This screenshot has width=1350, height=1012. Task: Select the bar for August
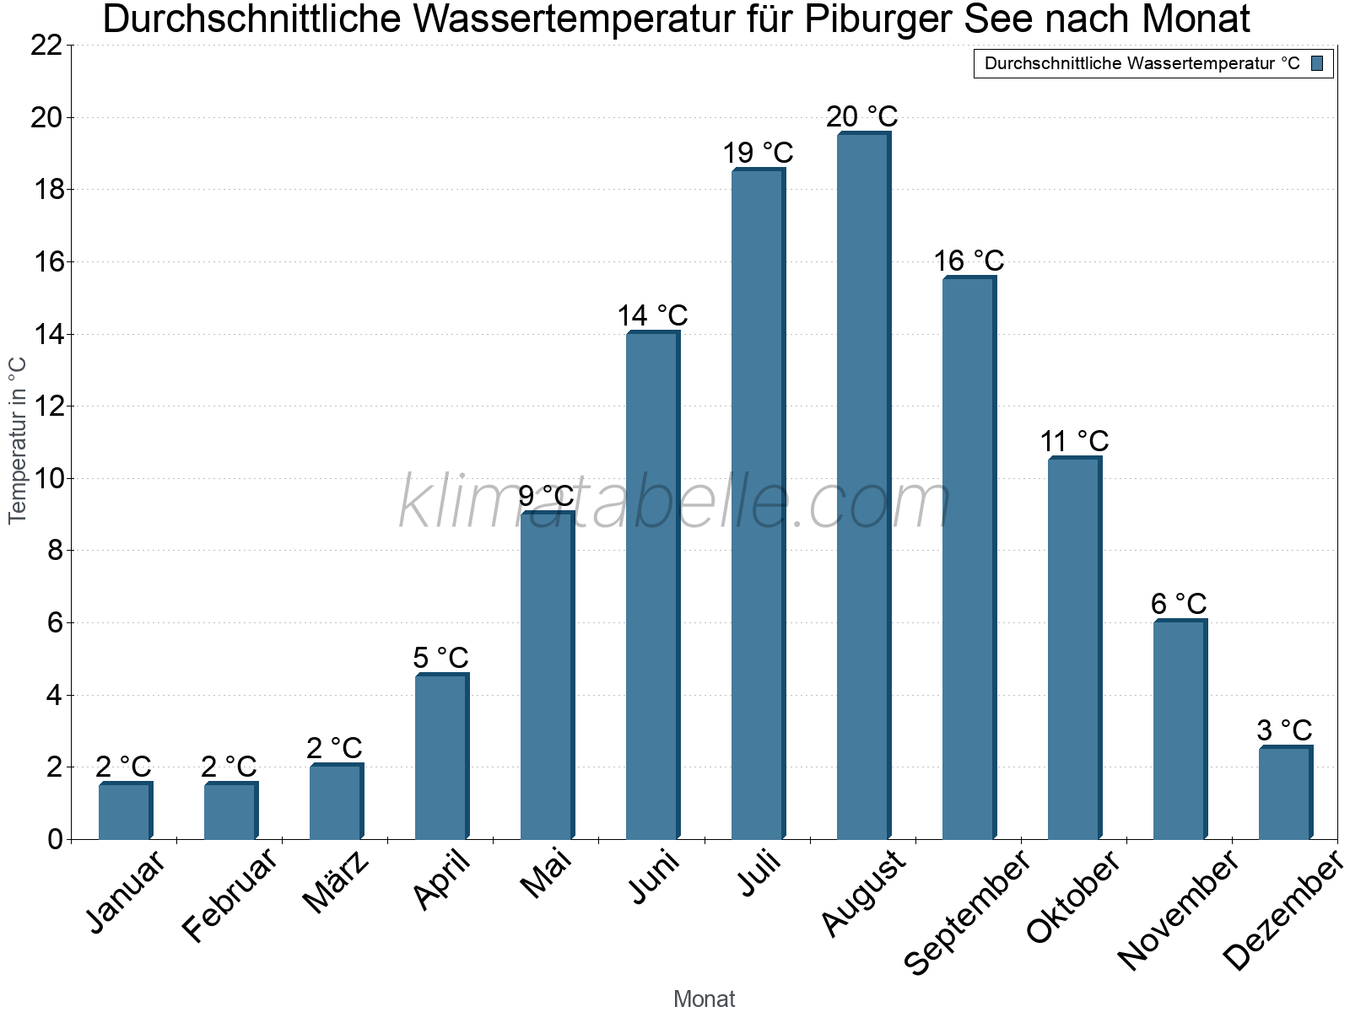tap(863, 487)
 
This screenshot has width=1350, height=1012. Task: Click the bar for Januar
tap(125, 811)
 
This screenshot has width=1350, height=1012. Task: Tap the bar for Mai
tap(547, 676)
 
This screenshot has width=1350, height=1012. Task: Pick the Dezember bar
tap(1285, 793)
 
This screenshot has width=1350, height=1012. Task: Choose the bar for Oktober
tap(1074, 649)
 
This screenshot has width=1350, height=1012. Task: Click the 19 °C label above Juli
tap(758, 153)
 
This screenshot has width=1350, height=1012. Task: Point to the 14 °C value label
tap(652, 316)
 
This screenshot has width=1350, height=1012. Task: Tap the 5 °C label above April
tap(440, 658)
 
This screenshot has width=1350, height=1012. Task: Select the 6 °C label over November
tap(1179, 605)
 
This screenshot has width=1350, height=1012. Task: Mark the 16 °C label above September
tap(969, 261)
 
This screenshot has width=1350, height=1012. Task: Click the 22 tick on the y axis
tap(46, 46)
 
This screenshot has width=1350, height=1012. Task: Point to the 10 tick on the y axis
tap(46, 479)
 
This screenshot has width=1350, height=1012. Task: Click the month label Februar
tap(229, 894)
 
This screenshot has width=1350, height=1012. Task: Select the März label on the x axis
tap(337, 881)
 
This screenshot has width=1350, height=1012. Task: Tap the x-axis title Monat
tap(704, 999)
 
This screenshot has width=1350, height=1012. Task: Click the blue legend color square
tap(1317, 63)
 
